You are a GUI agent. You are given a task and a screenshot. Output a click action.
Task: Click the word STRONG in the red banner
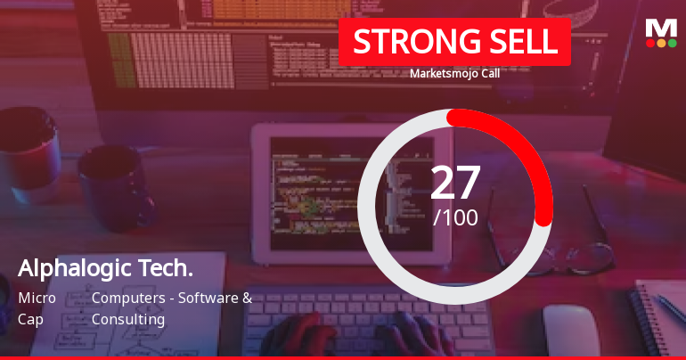click(404, 42)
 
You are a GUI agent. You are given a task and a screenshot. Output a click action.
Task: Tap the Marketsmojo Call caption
click(454, 74)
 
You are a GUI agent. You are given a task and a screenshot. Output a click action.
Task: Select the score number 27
click(455, 182)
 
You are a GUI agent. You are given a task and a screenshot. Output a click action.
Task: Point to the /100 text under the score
click(455, 217)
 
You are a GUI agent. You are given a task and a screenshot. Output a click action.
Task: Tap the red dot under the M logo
click(649, 43)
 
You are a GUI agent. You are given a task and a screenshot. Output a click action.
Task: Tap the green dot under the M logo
click(672, 43)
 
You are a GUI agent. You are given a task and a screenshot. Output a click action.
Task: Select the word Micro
click(37, 298)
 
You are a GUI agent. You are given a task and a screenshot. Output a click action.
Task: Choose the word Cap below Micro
click(30, 319)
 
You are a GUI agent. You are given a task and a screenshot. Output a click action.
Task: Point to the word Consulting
click(128, 319)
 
